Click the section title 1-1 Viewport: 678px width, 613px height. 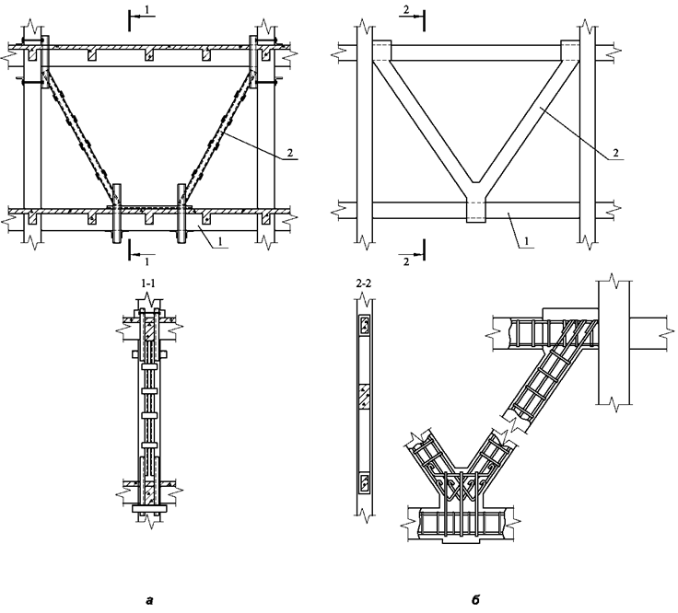pyautogui.click(x=148, y=283)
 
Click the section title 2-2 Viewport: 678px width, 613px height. pyautogui.click(x=364, y=283)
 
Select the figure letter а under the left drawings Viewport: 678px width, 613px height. pyautogui.click(x=149, y=600)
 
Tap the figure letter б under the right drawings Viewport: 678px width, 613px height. pyautogui.click(x=475, y=599)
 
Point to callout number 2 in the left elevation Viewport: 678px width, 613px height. pyautogui.click(x=289, y=153)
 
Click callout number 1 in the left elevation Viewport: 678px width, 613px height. pyautogui.click(x=220, y=241)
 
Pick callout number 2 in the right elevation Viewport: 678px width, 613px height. pyautogui.click(x=615, y=153)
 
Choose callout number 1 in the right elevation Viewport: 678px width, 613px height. pyautogui.click(x=526, y=241)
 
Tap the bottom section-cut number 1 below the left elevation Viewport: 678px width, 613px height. pyautogui.click(x=147, y=261)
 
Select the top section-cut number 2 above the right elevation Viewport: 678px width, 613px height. pyautogui.click(x=406, y=10)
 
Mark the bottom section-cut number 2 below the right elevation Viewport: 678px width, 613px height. pyautogui.click(x=406, y=261)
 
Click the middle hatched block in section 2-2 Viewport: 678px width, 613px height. pyautogui.click(x=364, y=396)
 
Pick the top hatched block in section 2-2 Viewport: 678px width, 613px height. pyautogui.click(x=364, y=325)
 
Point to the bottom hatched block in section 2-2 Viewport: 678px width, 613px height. pyautogui.click(x=364, y=483)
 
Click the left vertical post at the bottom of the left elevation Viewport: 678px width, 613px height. pyautogui.click(x=117, y=213)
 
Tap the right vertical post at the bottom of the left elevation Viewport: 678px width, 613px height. pyautogui.click(x=182, y=213)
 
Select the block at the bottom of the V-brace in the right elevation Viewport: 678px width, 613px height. pyautogui.click(x=475, y=212)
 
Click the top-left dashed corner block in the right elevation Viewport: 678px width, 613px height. pyautogui.click(x=381, y=51)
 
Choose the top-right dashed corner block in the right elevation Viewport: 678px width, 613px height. pyautogui.click(x=570, y=51)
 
